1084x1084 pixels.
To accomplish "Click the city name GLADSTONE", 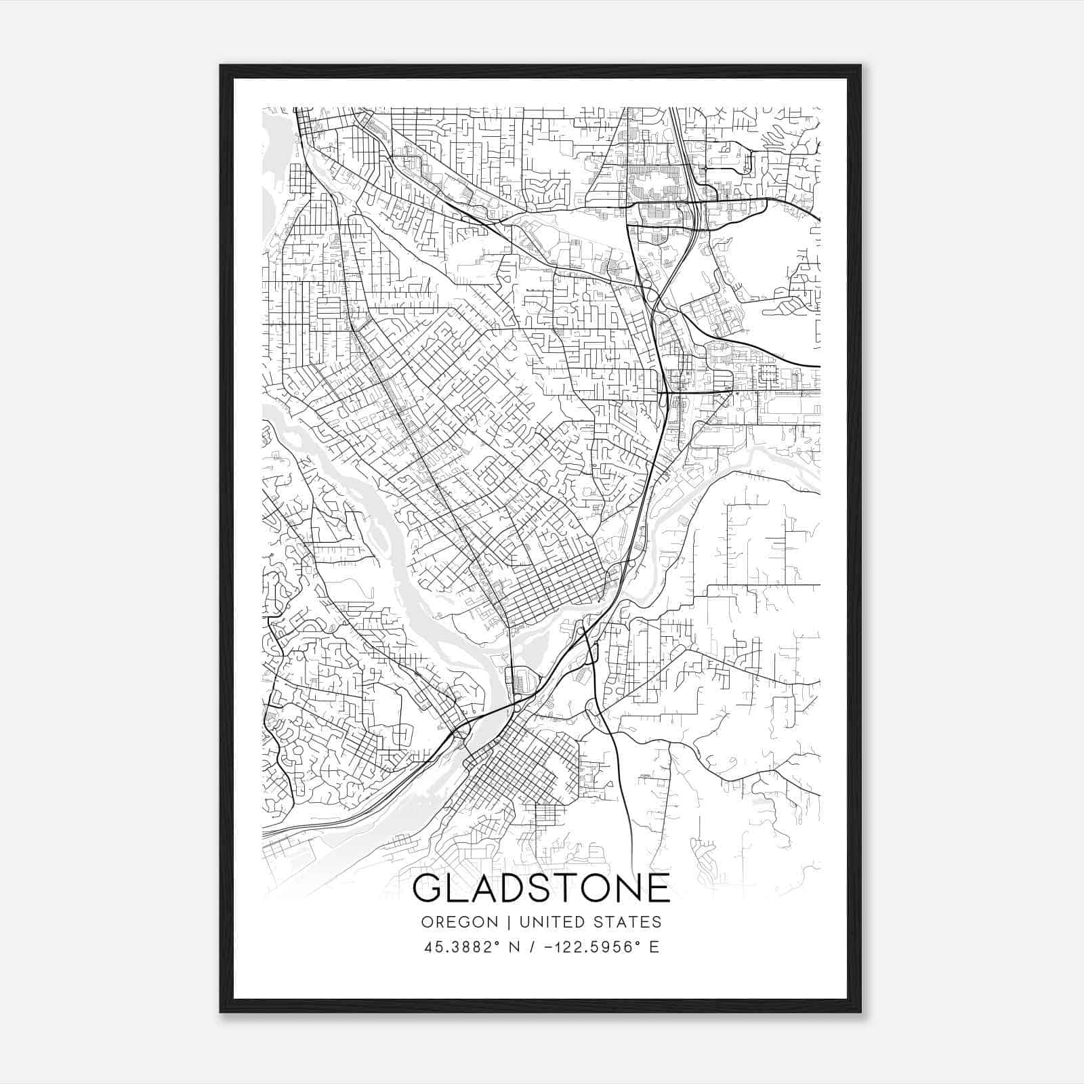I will pyautogui.click(x=541, y=888).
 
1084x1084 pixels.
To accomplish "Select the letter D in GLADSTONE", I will pyautogui.click(x=519, y=888).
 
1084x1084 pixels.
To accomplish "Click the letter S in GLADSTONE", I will pyautogui.click(x=549, y=888).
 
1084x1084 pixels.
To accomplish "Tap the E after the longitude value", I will pyautogui.click(x=654, y=947).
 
